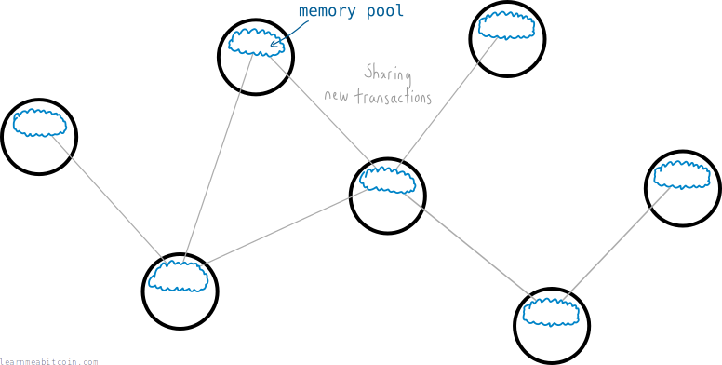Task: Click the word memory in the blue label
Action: pyautogui.click(x=328, y=11)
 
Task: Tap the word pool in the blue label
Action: pyautogui.click(x=385, y=11)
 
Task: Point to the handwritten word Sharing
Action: pyautogui.click(x=388, y=74)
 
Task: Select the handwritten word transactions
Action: pyautogui.click(x=393, y=97)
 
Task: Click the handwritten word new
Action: pyautogui.click(x=337, y=97)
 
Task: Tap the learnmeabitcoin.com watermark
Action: pyautogui.click(x=48, y=362)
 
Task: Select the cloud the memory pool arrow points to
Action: pyautogui.click(x=257, y=43)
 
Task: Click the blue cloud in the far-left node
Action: pyautogui.click(x=39, y=123)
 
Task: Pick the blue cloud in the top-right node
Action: pyautogui.click(x=506, y=26)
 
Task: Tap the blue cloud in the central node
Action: pyautogui.click(x=388, y=180)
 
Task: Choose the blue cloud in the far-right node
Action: pyautogui.click(x=682, y=175)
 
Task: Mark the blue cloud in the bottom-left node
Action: pyautogui.click(x=179, y=276)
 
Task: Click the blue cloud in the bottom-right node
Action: pyautogui.click(x=551, y=312)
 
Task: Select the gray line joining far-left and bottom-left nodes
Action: pyautogui.click(x=108, y=197)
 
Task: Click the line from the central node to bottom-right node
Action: pyautogui.click(x=470, y=247)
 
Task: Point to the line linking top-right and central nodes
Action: pyautogui.click(x=447, y=102)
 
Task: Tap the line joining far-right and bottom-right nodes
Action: pyautogui.click(x=616, y=243)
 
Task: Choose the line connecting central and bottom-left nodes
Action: pyautogui.click(x=285, y=227)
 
